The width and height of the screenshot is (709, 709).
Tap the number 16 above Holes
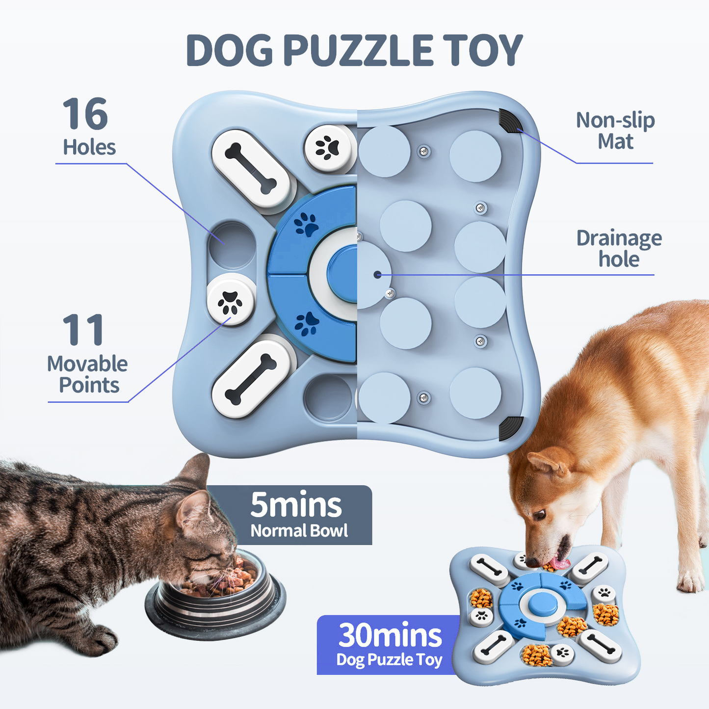coord(85,114)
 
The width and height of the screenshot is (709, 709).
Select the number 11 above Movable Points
coord(83,330)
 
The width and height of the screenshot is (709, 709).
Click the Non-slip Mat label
coord(615,131)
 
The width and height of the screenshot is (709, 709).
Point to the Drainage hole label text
coord(618,248)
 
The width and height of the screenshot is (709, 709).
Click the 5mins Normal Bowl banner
coord(297,515)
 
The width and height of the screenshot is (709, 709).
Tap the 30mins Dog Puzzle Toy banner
coord(389,645)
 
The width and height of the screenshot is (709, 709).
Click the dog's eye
coord(540,515)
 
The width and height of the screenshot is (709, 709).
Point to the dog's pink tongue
coord(559,563)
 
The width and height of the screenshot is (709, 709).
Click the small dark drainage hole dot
coord(377,275)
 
